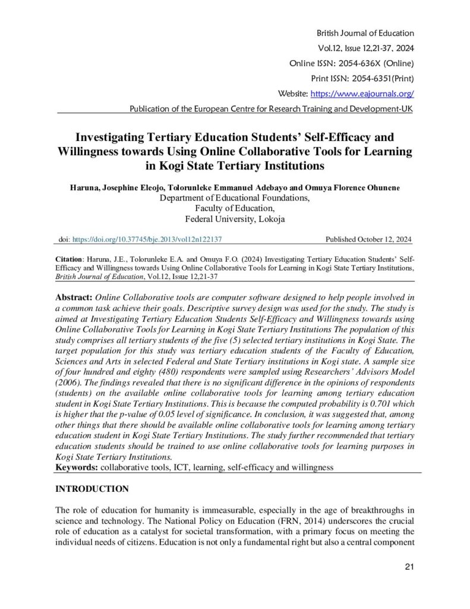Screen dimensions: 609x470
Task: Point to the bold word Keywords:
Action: click(77, 468)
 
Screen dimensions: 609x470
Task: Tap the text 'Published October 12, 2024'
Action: click(369, 240)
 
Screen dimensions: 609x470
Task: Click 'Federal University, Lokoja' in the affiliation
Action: click(235, 219)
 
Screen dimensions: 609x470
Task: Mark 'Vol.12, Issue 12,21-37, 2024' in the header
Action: click(362, 48)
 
